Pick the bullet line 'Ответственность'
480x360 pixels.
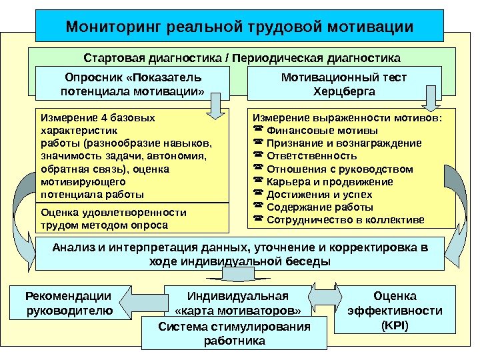coord(304,156)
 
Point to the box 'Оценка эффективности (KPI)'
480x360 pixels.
coord(395,310)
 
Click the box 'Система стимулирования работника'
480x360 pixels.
coord(235,333)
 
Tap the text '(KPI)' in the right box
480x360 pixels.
coord(395,325)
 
